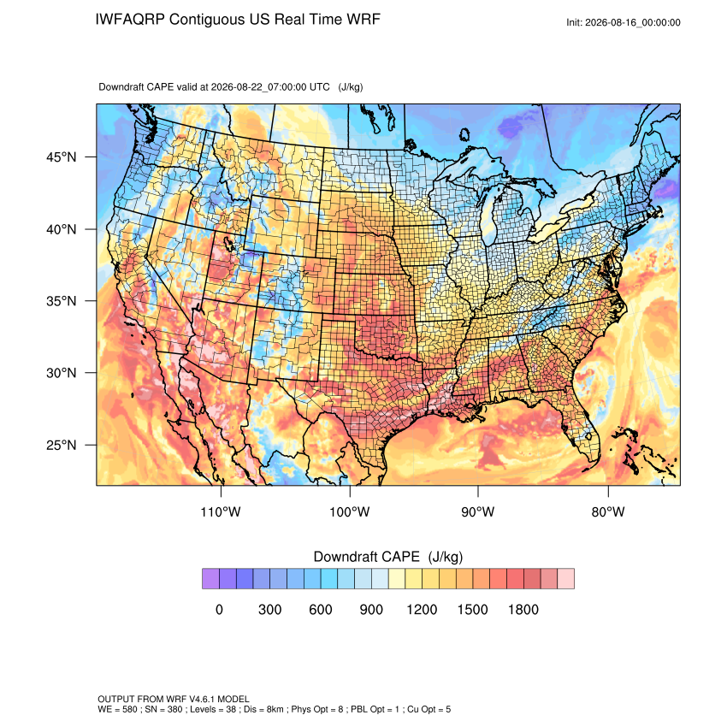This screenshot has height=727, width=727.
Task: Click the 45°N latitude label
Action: [62, 157]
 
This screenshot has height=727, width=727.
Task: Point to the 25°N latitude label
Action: [62, 445]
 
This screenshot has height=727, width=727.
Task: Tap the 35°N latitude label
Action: [62, 301]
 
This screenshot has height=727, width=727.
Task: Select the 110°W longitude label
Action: [221, 511]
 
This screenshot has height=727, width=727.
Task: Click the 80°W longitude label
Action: [608, 511]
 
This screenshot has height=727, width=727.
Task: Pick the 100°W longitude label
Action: [350, 511]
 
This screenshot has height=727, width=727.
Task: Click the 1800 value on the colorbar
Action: [523, 609]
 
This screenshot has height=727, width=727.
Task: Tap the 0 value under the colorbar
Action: [219, 609]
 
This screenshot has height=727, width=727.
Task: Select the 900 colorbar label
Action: [371, 609]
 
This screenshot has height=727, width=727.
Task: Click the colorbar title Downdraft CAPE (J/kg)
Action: [388, 557]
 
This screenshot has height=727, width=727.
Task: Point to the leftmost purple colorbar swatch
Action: [210, 579]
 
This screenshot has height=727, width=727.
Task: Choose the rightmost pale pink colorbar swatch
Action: [565, 579]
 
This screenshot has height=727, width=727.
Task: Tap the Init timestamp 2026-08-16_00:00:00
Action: [633, 23]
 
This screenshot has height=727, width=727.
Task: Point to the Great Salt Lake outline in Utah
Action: [228, 243]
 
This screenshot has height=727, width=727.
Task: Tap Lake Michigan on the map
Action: [489, 218]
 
